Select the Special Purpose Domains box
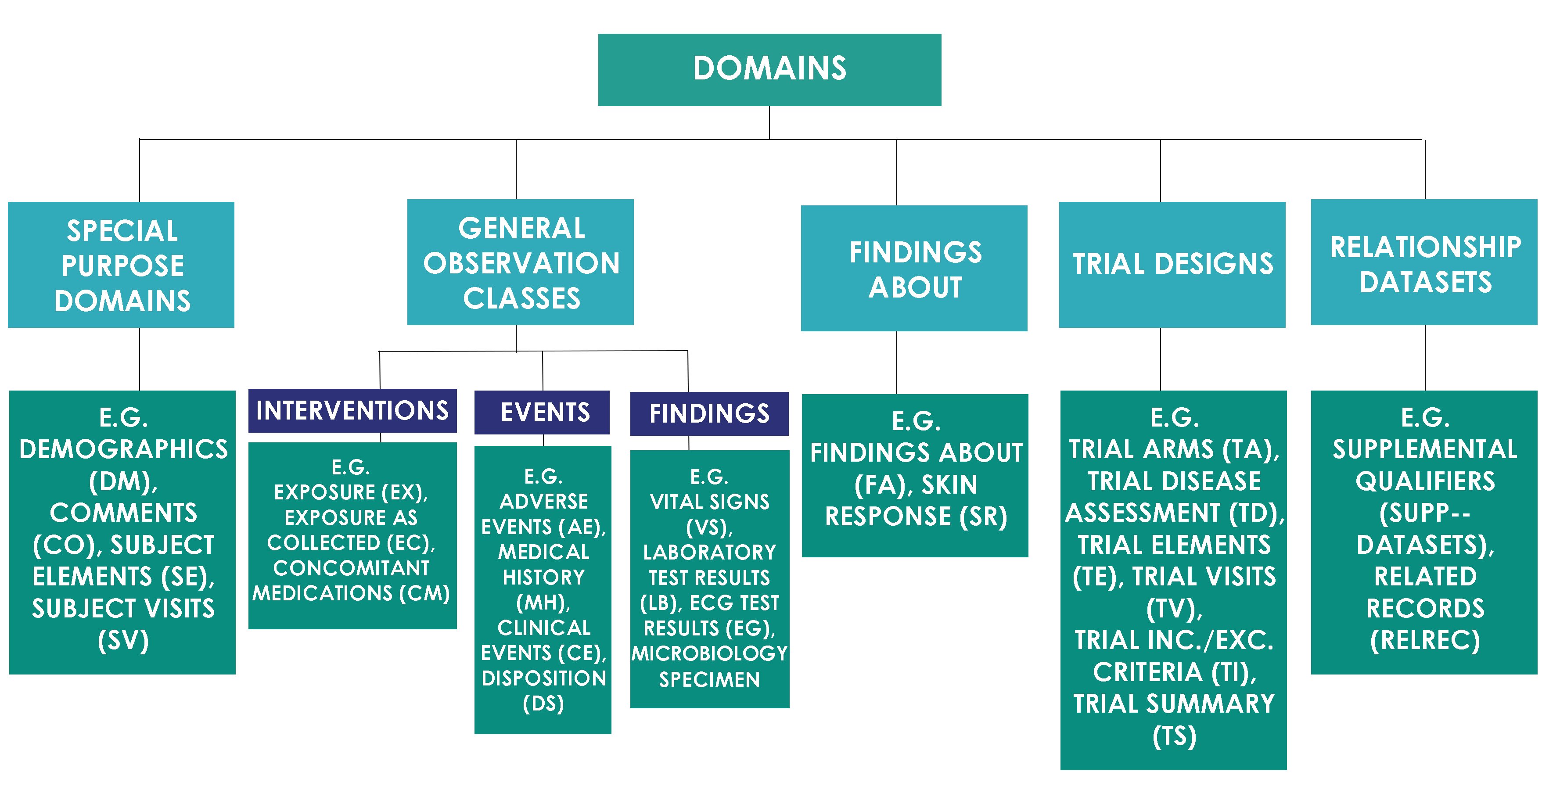pos(121,265)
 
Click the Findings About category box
pos(914,268)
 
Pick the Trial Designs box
pos(1172,265)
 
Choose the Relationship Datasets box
pos(1424,262)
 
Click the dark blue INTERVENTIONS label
pos(352,411)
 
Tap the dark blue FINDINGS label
pos(709,414)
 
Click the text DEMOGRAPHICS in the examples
pos(123,449)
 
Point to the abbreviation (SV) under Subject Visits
pos(123,641)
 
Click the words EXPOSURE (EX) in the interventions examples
pos(351,492)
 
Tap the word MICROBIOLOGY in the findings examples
pos(709,653)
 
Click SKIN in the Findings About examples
pos(949,484)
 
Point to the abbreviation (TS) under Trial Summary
pos(1174,736)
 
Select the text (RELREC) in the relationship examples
pos(1424,641)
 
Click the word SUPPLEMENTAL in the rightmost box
pos(1424,449)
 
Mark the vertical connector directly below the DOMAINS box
pos(769,123)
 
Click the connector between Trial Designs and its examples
pos(1160,359)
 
